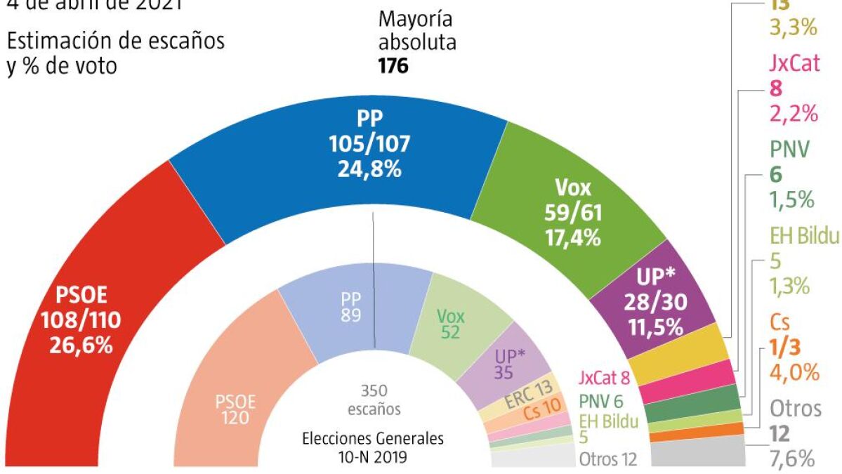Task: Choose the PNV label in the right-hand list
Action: tap(790, 149)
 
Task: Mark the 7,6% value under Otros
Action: tap(791, 459)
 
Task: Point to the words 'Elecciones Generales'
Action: tap(373, 439)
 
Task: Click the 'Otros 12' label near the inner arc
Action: tap(608, 460)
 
